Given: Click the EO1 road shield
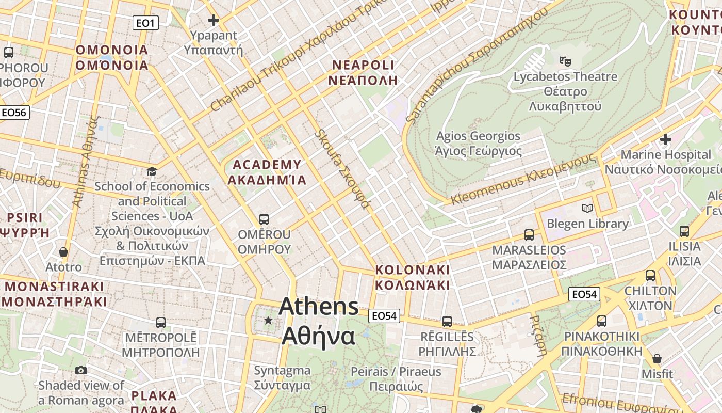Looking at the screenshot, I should point(145,23).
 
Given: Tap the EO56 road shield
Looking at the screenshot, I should point(14,113).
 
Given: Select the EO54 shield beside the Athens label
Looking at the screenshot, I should point(384,316).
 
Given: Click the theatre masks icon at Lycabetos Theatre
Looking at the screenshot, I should point(565,61).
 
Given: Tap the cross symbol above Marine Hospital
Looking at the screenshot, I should point(666,139).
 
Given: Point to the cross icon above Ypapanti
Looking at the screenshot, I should point(213,20).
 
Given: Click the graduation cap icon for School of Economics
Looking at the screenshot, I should point(152,171).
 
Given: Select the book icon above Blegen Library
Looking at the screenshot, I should point(587,208).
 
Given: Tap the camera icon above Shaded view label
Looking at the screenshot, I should point(81,370).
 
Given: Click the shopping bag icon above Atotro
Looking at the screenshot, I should point(63,252).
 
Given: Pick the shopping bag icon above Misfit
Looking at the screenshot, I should point(657,358).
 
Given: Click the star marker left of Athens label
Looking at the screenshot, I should point(268,321).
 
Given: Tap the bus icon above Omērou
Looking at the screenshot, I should point(264,219).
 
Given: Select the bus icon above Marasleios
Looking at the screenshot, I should point(529,235).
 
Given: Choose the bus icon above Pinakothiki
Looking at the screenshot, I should point(601,321).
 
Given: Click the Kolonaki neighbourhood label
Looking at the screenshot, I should point(412,277).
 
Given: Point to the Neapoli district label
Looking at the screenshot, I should point(363,72).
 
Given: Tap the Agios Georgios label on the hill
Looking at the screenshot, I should point(478,143).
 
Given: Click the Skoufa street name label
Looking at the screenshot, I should point(342,169).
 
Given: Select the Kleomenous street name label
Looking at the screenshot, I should point(523,180).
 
